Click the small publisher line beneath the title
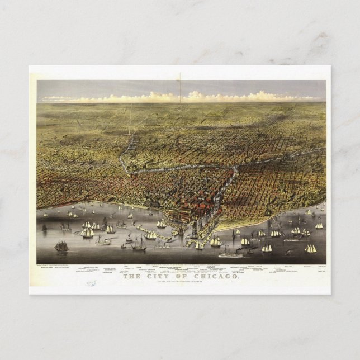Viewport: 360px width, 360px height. (x=180, y=282)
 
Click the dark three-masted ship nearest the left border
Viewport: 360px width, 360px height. (x=61, y=245)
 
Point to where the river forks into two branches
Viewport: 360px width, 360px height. (x=235, y=168)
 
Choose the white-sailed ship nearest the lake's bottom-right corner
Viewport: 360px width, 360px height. (x=310, y=248)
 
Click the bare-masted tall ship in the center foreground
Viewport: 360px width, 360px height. (x=139, y=244)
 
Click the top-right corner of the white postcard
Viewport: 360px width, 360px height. (x=330, y=66)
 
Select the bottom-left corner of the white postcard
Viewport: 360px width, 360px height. (x=30, y=293)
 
